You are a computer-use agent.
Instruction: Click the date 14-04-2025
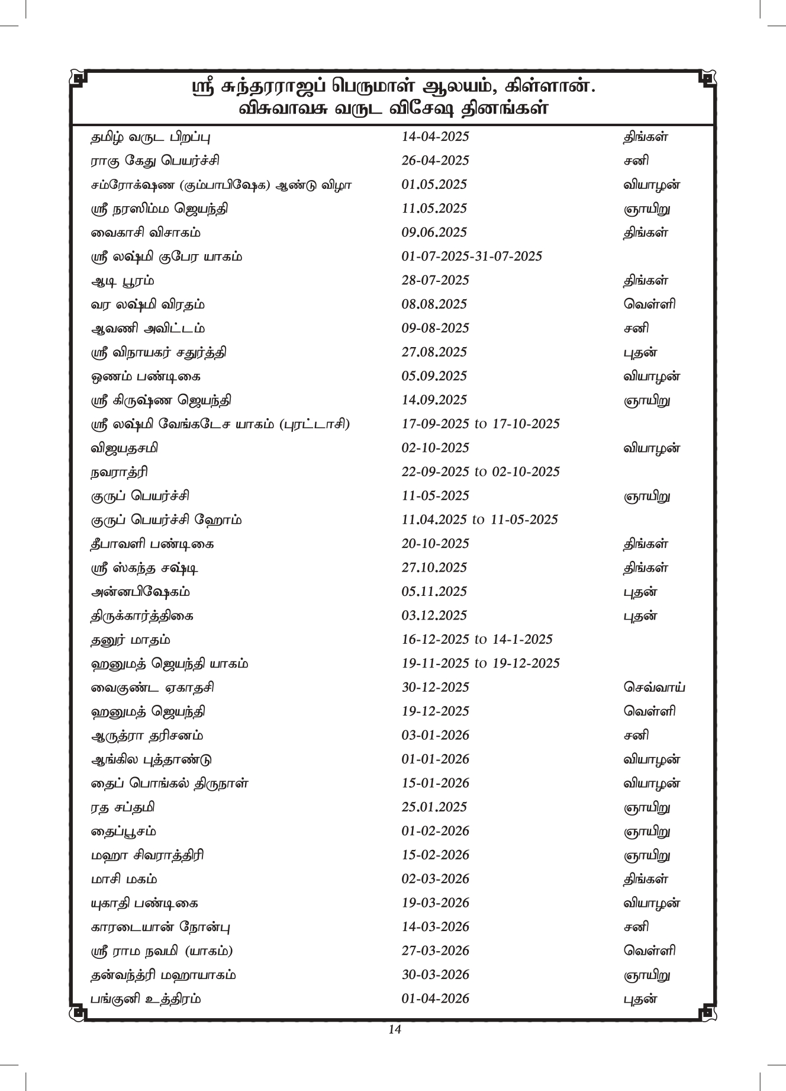(x=435, y=137)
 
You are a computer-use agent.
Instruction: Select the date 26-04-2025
(x=435, y=161)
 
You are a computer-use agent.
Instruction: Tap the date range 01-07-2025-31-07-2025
(x=472, y=256)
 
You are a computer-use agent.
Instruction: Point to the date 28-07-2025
(x=435, y=280)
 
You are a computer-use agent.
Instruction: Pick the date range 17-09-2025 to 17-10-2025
(x=481, y=424)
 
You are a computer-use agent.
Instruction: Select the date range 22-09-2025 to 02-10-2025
(x=481, y=472)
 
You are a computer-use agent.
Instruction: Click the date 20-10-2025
(x=435, y=544)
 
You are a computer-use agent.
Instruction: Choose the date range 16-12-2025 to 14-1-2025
(x=477, y=640)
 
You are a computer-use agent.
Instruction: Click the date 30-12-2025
(x=435, y=688)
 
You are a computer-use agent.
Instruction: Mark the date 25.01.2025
(x=434, y=807)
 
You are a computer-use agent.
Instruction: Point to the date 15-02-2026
(x=435, y=855)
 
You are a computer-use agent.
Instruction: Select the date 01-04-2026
(x=435, y=999)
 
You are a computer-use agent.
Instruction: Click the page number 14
(x=395, y=1030)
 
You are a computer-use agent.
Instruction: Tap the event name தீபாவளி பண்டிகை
(x=152, y=544)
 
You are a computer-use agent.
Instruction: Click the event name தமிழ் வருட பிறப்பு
(x=150, y=137)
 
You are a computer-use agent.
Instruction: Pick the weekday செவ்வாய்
(x=655, y=688)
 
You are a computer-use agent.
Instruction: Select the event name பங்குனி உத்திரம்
(x=146, y=1000)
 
